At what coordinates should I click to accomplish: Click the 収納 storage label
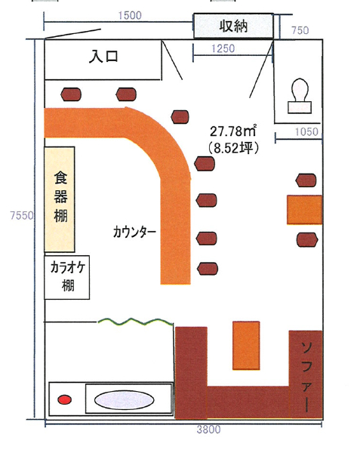[233, 26]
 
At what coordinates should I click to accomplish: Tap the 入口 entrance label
[103, 56]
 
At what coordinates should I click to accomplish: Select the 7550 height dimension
[22, 215]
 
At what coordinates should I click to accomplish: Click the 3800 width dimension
[208, 430]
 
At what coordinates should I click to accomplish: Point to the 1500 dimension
[130, 15]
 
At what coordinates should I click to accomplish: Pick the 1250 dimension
[223, 48]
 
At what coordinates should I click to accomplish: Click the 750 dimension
[300, 30]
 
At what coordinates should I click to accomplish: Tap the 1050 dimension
[306, 132]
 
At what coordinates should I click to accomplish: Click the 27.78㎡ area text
[233, 131]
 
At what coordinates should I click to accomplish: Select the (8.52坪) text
[233, 148]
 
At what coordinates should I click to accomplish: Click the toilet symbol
[300, 96]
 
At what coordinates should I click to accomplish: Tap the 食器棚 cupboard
[60, 199]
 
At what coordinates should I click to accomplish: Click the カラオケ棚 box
[66, 277]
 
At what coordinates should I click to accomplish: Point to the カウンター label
[134, 232]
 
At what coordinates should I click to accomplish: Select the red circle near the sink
[64, 400]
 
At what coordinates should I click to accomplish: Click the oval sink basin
[124, 400]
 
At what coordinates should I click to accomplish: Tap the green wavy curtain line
[136, 322]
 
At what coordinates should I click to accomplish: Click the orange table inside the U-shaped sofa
[246, 346]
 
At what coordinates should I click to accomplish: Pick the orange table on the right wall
[305, 210]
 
